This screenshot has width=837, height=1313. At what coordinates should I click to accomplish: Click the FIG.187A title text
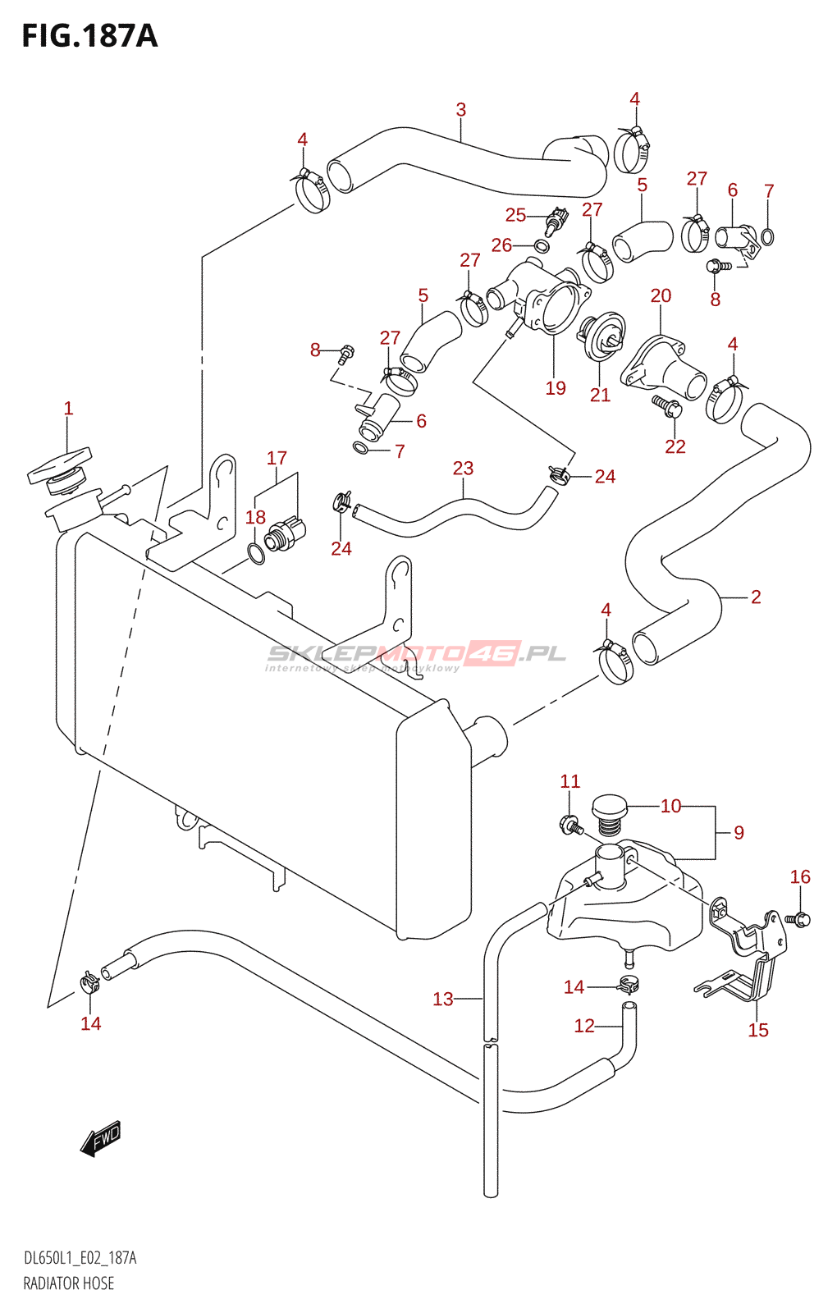pyautogui.click(x=89, y=36)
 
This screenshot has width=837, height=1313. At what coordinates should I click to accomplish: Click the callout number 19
pyautogui.click(x=556, y=388)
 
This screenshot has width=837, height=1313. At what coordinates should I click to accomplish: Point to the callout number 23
pyautogui.click(x=463, y=469)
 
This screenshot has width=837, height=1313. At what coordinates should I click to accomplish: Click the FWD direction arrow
pyautogui.click(x=101, y=1139)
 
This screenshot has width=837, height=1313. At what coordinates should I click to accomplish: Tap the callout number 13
pyautogui.click(x=443, y=999)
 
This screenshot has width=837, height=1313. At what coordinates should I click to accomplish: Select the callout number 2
pyautogui.click(x=756, y=597)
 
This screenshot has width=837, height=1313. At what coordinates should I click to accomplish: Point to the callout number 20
pyautogui.click(x=661, y=295)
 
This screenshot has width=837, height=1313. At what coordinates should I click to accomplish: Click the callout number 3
pyautogui.click(x=461, y=109)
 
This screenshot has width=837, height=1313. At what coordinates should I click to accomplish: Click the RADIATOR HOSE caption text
pyautogui.click(x=69, y=1283)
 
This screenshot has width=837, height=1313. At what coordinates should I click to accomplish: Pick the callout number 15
pyautogui.click(x=758, y=1030)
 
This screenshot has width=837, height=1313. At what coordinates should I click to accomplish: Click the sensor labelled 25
pyautogui.click(x=557, y=219)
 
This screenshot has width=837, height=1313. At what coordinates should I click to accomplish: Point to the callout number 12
pyautogui.click(x=584, y=1026)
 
